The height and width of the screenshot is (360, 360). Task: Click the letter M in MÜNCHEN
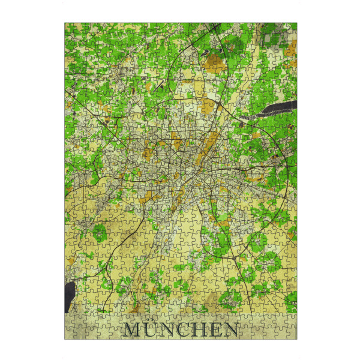click(133, 329)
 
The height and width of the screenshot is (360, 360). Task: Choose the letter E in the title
click(216, 329)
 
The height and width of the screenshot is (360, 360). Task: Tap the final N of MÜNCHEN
click(230, 329)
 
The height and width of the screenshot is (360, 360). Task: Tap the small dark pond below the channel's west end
click(241, 124)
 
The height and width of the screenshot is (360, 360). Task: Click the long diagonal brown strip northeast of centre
click(209, 144)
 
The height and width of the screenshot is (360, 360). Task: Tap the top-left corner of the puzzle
click(65, 23)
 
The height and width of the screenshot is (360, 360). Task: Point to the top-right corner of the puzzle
click(297, 23)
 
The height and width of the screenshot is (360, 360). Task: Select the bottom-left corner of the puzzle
click(65, 339)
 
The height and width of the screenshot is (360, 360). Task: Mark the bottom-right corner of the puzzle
click(297, 339)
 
